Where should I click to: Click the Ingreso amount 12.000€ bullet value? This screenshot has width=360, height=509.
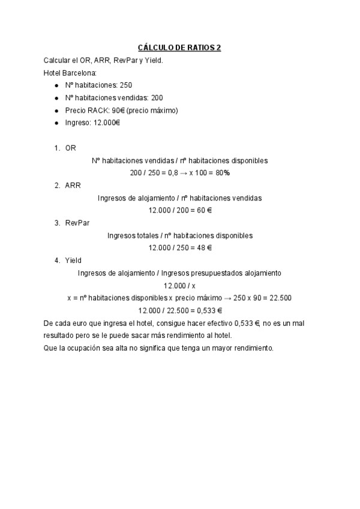coord(106,123)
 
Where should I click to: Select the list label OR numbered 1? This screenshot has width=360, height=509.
coord(70,148)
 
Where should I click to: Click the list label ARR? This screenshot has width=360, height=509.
coord(73,185)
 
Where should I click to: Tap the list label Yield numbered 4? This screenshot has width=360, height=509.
coord(73,261)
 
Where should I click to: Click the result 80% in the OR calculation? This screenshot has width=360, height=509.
coord(223,173)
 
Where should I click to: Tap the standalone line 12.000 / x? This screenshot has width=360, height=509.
coord(179,285)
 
